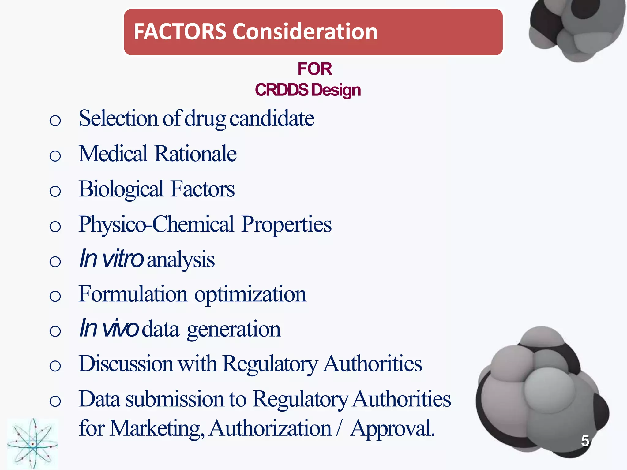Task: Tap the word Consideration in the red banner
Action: pos(305,32)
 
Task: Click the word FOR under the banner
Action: pos(314,69)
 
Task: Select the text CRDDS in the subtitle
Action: pos(281,90)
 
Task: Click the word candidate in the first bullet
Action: pos(272,118)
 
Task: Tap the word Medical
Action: pos(113,154)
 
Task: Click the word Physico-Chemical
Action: pos(156,224)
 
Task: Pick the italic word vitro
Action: pos(122,259)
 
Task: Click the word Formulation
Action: pos(133,294)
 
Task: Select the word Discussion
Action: pos(126,364)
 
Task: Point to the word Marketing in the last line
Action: pos(157,428)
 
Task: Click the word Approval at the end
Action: pos(392,428)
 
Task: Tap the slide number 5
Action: pos(585,441)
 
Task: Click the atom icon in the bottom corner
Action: pos(32,444)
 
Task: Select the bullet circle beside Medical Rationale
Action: pos(55,156)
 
